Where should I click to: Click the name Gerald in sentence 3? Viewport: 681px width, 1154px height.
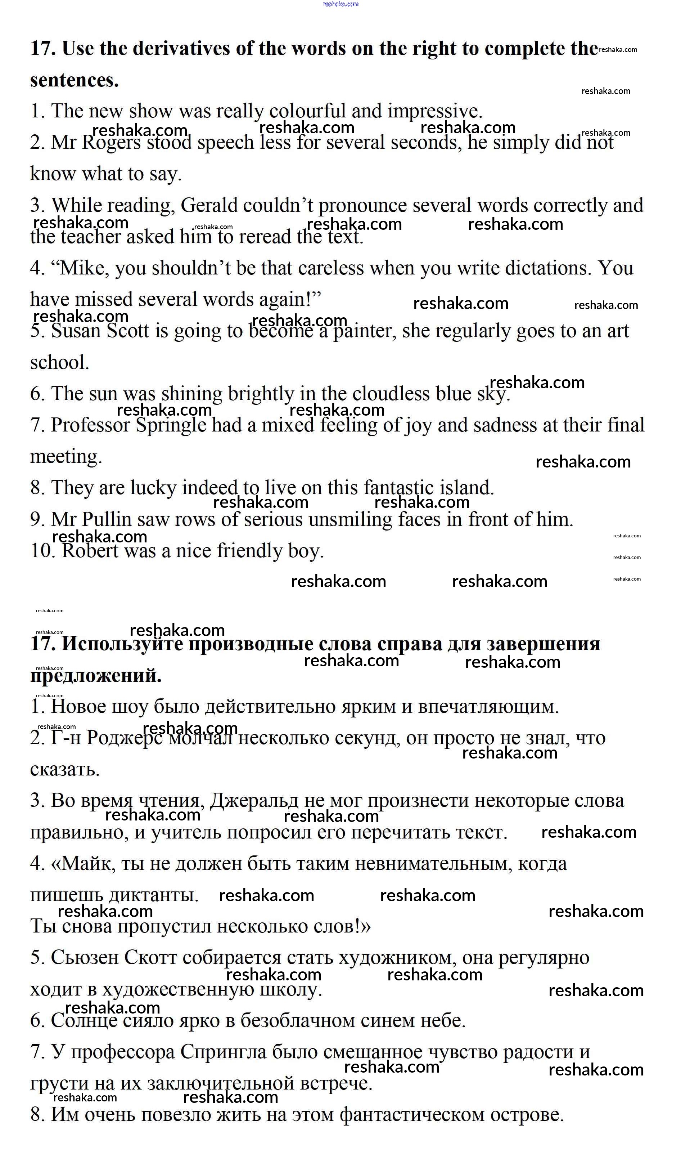pyautogui.click(x=209, y=205)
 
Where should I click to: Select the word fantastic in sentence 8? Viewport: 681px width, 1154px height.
pyautogui.click(x=399, y=488)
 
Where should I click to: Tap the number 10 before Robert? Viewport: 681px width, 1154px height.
pyautogui.click(x=43, y=551)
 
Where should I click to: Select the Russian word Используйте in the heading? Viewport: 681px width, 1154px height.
pyautogui.click(x=122, y=644)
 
